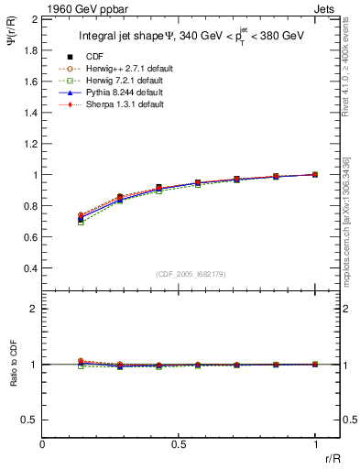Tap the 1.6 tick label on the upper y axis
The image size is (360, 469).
point(30,82)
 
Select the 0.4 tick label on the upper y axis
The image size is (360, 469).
point(30,268)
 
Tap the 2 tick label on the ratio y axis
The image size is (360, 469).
point(35,309)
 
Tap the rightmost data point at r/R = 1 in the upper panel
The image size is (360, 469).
point(315,174)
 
